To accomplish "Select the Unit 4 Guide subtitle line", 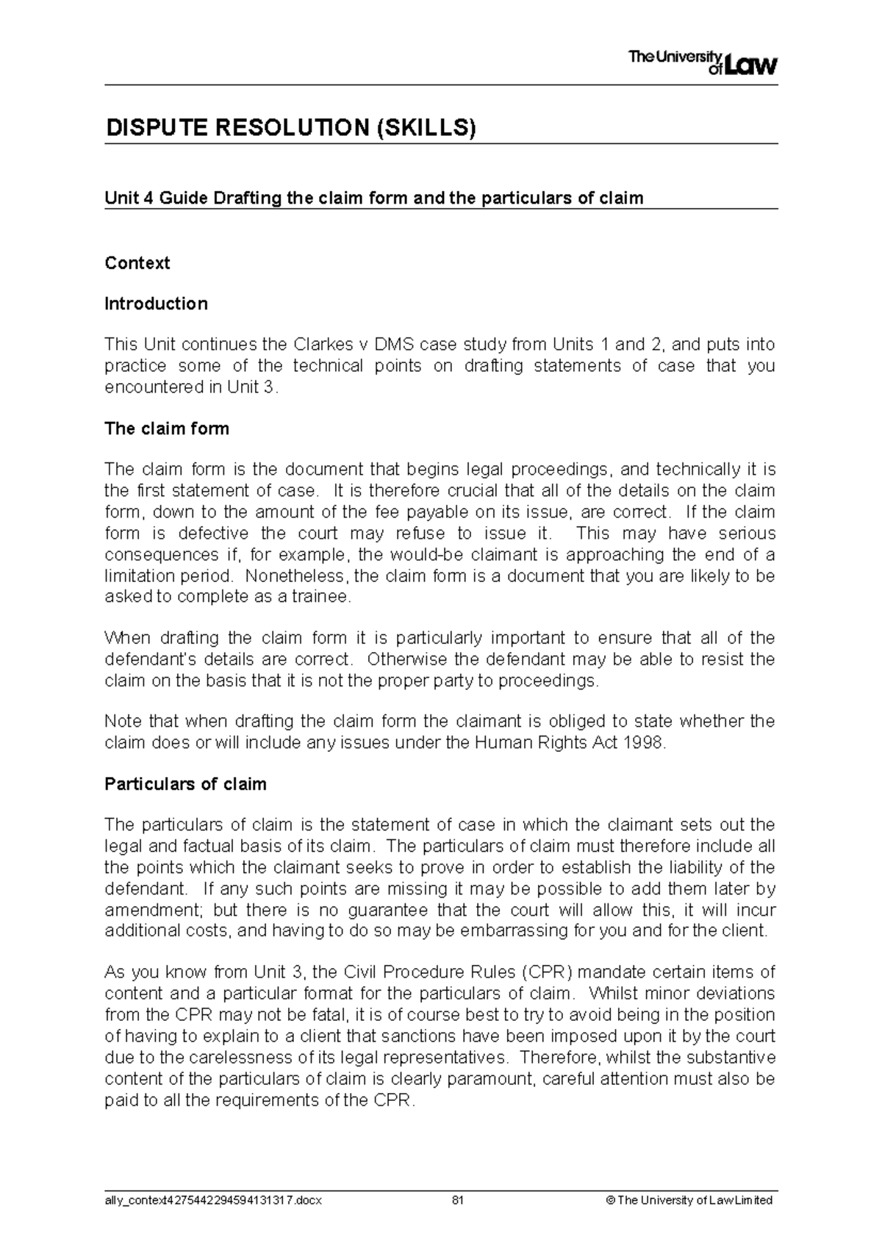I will tap(373, 198).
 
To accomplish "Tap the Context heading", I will tap(137, 263).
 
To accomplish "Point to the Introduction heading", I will tap(156, 304).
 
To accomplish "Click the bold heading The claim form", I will tap(167, 428).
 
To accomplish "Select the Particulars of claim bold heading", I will tap(185, 784).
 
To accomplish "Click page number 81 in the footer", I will tap(458, 1200).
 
